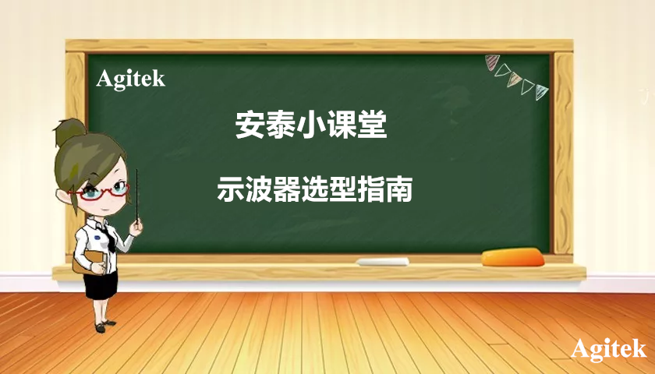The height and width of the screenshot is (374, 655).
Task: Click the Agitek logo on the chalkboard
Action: [x=130, y=79]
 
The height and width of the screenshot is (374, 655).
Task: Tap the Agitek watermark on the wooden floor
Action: [x=608, y=349]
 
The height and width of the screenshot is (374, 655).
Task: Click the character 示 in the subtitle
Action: [x=230, y=189]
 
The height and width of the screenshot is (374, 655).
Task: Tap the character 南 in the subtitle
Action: [x=400, y=189]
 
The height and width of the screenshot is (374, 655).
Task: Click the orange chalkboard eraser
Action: [x=512, y=256]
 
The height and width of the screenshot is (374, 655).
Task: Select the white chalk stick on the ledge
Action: [x=383, y=262]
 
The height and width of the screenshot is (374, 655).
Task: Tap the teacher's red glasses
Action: [x=102, y=190]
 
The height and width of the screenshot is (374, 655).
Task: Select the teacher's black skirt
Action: [x=101, y=284]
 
